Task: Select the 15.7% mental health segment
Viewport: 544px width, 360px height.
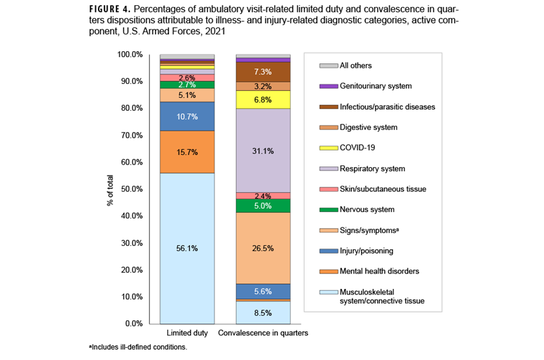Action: coord(187,152)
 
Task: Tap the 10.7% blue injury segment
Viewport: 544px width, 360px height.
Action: coord(187,117)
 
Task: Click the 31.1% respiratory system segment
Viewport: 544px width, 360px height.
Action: coord(263,151)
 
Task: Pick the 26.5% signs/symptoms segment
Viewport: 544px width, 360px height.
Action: coord(263,248)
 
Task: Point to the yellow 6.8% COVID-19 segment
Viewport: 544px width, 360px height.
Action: coord(263,100)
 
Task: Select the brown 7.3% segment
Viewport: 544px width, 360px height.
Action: coord(263,72)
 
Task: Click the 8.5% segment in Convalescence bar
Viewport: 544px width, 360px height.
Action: coord(263,313)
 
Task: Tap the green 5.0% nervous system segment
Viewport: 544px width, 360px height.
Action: coord(263,206)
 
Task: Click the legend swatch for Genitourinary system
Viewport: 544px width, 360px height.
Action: coord(328,86)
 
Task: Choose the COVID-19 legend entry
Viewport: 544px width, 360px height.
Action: coord(357,147)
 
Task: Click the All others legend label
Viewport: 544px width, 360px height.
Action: coord(355,65)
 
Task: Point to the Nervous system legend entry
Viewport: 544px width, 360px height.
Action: coord(367,209)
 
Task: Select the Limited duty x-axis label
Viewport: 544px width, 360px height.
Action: coord(187,334)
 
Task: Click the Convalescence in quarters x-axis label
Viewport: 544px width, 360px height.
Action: coord(263,334)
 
